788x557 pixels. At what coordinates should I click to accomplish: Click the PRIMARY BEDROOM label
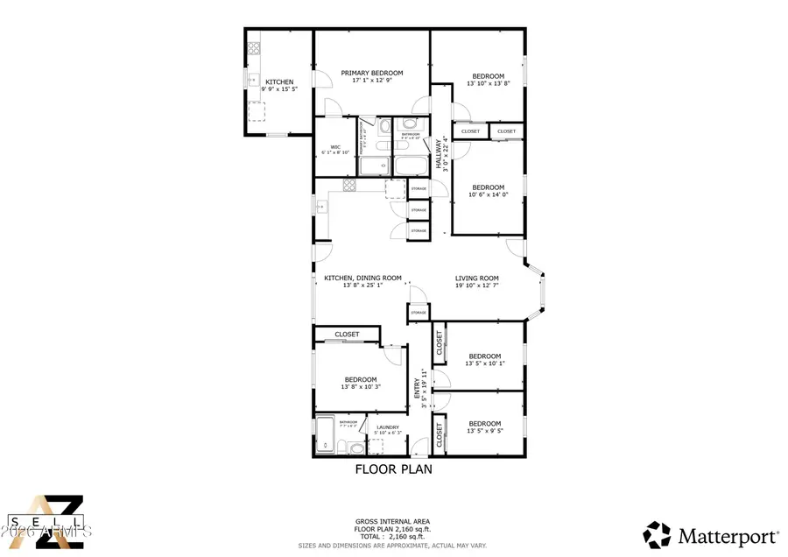371,73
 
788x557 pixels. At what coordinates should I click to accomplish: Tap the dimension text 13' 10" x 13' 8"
488,84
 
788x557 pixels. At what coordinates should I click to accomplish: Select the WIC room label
334,146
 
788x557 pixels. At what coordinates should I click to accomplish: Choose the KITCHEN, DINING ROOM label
362,278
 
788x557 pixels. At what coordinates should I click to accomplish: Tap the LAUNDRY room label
388,427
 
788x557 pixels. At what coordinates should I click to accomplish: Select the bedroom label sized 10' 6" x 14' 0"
488,187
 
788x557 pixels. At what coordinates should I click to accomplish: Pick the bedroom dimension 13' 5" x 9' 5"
484,431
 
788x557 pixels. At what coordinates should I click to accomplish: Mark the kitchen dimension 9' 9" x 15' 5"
278,89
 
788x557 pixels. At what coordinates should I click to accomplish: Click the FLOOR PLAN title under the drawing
393,469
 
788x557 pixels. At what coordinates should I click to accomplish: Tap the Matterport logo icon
658,533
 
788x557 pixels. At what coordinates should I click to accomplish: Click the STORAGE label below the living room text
419,313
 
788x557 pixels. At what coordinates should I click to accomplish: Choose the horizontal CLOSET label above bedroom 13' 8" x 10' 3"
347,335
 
